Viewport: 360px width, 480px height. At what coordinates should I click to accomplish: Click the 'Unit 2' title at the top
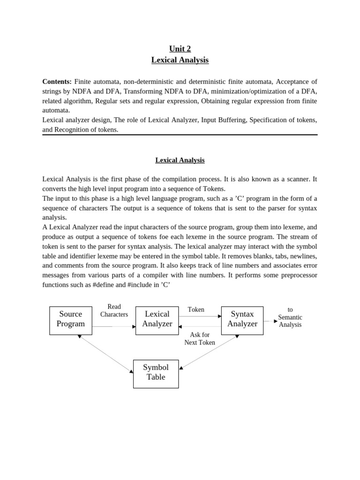pyautogui.click(x=180, y=49)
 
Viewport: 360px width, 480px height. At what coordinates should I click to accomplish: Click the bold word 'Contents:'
pyautogui.click(x=57, y=82)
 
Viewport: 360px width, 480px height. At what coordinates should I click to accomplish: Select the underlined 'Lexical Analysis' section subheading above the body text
pyautogui.click(x=180, y=160)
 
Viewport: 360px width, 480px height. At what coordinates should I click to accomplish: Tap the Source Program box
pyautogui.click(x=71, y=321)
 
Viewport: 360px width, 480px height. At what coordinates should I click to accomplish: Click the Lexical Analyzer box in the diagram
pyautogui.click(x=157, y=321)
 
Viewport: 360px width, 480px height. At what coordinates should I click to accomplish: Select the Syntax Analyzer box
pyautogui.click(x=242, y=321)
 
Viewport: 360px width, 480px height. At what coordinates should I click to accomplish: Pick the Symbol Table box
pyautogui.click(x=156, y=374)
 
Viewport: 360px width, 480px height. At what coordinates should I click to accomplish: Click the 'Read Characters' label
pyautogui.click(x=114, y=311)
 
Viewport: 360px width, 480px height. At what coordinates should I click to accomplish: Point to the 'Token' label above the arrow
pyautogui.click(x=196, y=310)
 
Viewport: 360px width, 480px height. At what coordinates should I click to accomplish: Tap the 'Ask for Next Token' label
pyautogui.click(x=200, y=338)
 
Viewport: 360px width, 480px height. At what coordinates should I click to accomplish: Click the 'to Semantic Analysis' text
pyautogui.click(x=290, y=317)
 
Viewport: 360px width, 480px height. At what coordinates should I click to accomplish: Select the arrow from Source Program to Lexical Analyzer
pyautogui.click(x=113, y=326)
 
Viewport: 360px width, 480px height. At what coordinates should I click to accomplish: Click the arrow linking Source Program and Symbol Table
pyautogui.click(x=106, y=354)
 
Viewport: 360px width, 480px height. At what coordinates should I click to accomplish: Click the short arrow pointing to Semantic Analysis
pyautogui.click(x=270, y=321)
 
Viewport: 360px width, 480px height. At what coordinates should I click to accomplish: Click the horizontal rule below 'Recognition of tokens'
pyautogui.click(x=180, y=135)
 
